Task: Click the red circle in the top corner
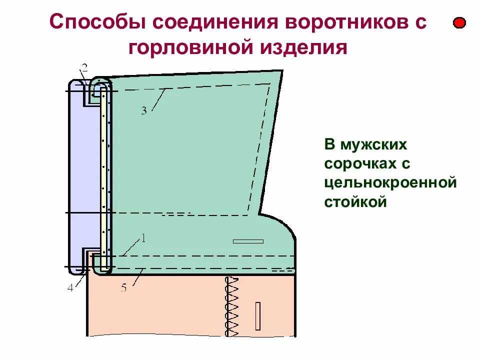pos(459,23)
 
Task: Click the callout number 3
pos(143,111)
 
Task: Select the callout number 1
pos(142,238)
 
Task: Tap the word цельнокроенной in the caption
pos(390,182)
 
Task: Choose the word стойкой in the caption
pos(356,201)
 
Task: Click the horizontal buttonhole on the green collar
pos(248,241)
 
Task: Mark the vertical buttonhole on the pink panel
pos(258,316)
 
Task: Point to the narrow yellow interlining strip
pos(103,175)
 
